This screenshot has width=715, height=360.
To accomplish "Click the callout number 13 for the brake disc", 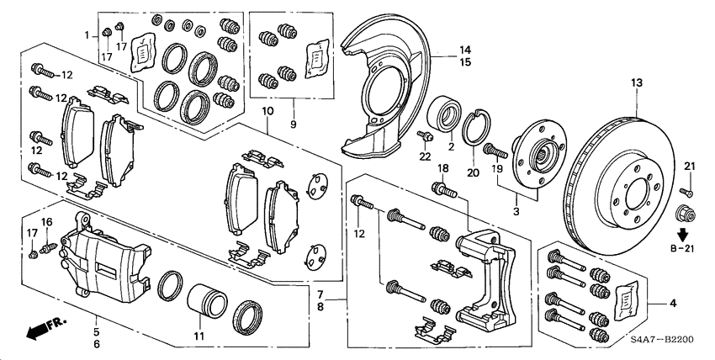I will pos(636,82).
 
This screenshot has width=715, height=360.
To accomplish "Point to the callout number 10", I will pos(267,112).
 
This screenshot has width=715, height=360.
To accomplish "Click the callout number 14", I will pos(464,50).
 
